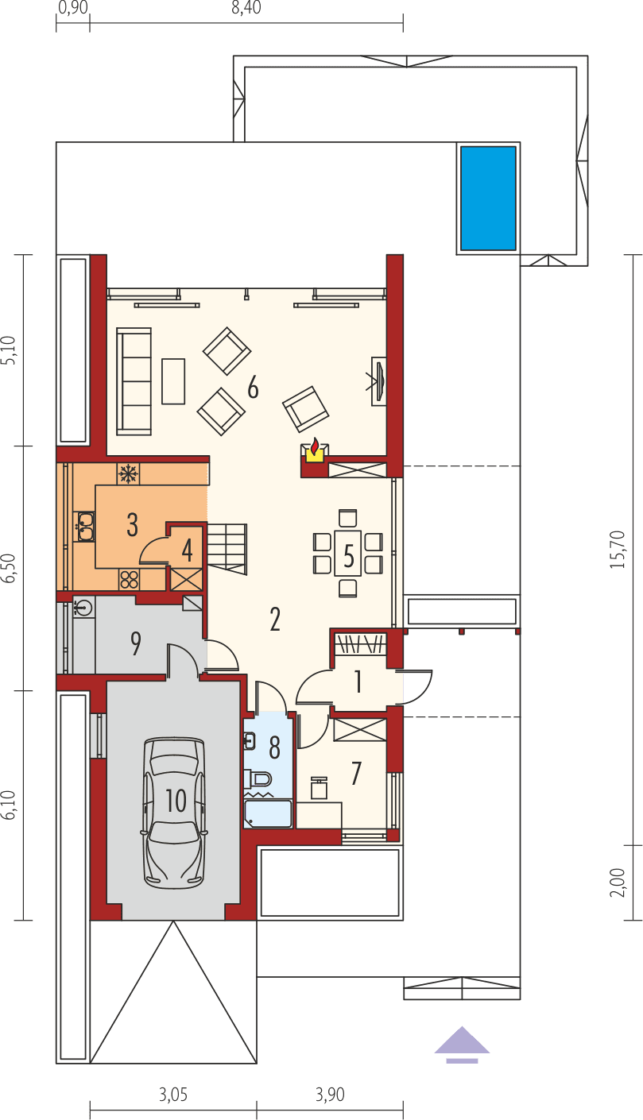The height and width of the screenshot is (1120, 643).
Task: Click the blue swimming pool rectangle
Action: click(488, 197)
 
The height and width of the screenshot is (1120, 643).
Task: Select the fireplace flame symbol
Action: click(315, 447)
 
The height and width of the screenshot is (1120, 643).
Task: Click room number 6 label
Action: click(253, 388)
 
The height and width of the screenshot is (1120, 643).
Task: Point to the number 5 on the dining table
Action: click(348, 555)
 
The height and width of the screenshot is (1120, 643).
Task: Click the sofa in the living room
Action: click(134, 381)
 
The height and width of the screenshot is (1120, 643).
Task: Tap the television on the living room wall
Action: click(379, 382)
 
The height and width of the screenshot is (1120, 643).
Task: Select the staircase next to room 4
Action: click(227, 546)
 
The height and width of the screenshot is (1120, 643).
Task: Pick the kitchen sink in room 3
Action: click(83, 523)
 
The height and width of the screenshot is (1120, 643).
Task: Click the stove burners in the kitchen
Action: click(129, 579)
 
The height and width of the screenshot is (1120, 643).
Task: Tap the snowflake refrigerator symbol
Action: click(127, 474)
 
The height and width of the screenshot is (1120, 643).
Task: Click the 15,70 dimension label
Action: click(625, 549)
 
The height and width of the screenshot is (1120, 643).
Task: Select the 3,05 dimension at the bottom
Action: click(172, 1095)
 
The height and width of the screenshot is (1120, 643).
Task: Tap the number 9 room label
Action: click(136, 644)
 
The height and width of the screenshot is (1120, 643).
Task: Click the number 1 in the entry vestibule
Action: click(358, 681)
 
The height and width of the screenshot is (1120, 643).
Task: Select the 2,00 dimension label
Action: click(618, 882)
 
